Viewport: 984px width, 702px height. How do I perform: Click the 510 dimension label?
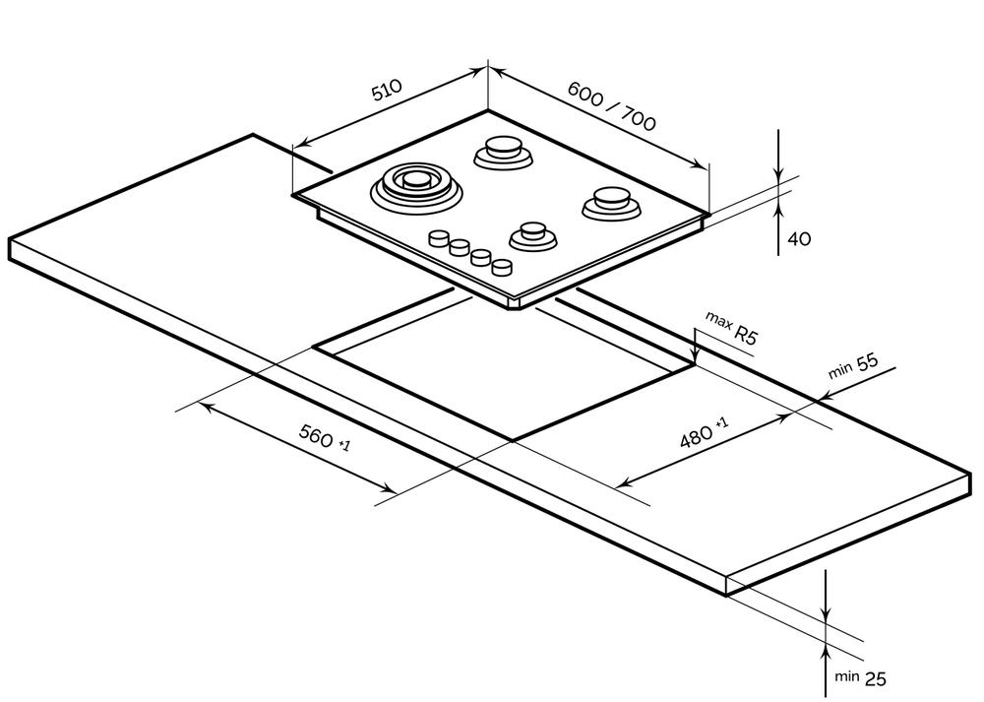[x=387, y=92]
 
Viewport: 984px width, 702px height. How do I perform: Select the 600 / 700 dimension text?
[x=611, y=105]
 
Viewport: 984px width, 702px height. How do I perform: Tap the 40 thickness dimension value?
[x=799, y=238]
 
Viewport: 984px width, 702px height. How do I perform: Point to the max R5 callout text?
[x=731, y=329]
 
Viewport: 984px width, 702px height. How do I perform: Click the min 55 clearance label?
[x=852, y=366]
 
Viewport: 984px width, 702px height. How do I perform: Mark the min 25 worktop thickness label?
[x=859, y=677]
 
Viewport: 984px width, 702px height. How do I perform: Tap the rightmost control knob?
[x=502, y=266]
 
